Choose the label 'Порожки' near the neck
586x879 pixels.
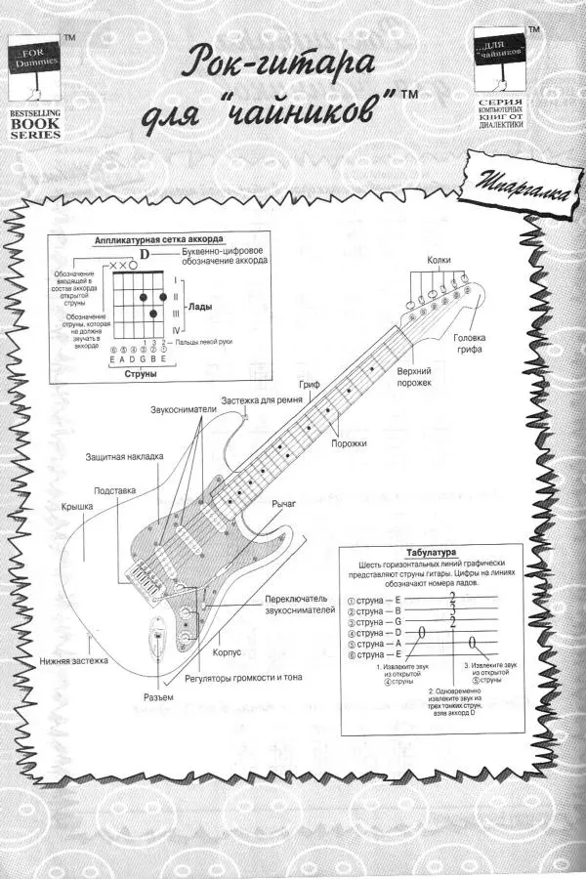coord(349,443)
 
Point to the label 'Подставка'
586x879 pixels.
coord(114,490)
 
